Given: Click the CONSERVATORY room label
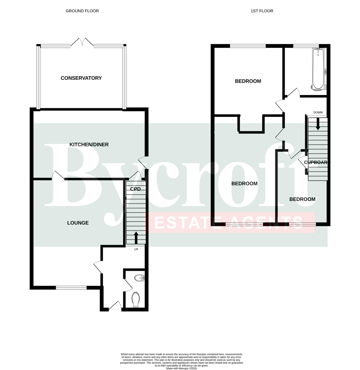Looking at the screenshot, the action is point(81,78).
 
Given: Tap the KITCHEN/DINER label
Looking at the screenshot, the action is point(89,145).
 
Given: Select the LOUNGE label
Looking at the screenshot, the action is point(78,223).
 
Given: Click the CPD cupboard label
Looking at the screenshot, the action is point(135,189).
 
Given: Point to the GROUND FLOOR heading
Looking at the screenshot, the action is point(82,11).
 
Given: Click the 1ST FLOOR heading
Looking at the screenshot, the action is point(262,11).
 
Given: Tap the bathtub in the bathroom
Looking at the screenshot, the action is point(318,69).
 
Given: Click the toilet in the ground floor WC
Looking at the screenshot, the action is point(135,300).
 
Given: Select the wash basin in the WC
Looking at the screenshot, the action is point(139,278).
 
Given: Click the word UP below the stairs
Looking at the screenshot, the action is point(136,249).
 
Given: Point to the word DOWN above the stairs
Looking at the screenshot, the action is point(318,112).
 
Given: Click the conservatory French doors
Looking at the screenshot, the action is point(82,42).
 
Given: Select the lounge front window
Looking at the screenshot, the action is point(71,288).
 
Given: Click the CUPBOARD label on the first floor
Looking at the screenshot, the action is point(316,162).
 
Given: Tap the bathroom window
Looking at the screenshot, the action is point(306,46).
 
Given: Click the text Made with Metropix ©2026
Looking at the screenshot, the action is point(181,368).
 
